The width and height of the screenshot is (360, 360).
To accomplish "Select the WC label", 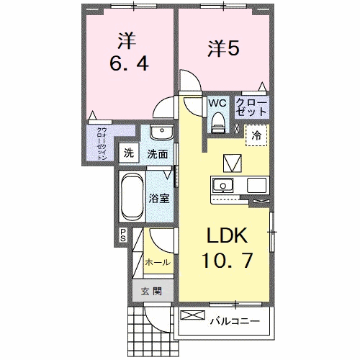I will (217, 103).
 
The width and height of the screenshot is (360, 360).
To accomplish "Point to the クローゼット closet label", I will (252, 108).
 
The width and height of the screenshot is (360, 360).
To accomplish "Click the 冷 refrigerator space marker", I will (256, 134).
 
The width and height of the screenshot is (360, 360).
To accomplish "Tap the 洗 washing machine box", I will (129, 153).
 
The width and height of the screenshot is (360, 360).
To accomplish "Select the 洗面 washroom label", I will (158, 153).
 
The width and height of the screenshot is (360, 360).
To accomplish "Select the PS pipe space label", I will (123, 235).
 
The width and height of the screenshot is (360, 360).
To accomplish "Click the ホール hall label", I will (158, 263).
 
